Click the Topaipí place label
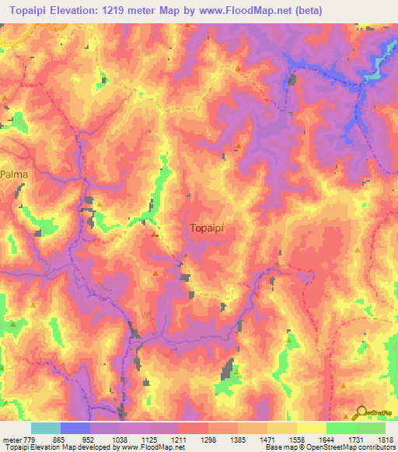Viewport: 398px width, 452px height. pyautogui.click(x=211, y=228)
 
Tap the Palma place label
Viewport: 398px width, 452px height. pyautogui.click(x=14, y=175)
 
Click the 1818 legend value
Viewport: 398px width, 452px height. pyautogui.click(x=386, y=439)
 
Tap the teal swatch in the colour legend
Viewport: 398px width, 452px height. pyautogui.click(x=46, y=428)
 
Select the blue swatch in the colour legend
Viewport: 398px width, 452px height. pyautogui.click(x=75, y=428)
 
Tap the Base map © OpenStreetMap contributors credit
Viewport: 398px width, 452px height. pyautogui.click(x=329, y=447)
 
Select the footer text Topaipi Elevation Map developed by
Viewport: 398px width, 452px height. pyautogui.click(x=54, y=447)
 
